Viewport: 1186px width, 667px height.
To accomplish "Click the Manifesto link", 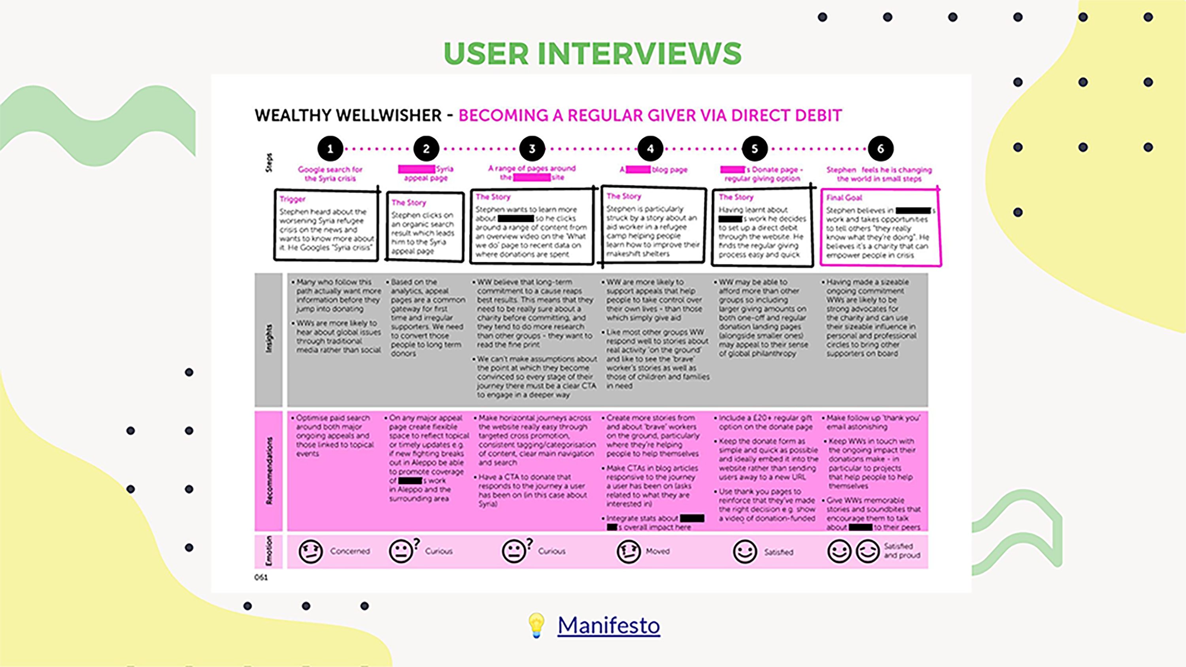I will point(609,625).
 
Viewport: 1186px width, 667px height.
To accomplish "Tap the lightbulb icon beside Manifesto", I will point(536,625).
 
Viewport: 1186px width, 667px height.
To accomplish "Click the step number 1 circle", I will point(330,149).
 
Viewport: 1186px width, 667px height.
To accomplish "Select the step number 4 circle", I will point(650,149).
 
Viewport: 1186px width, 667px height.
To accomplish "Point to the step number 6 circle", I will point(880,149).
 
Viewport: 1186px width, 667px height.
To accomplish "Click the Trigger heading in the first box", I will point(293,199).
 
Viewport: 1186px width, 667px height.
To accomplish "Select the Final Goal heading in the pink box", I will point(844,198).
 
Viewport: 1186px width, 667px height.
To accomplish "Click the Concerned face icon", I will point(310,551).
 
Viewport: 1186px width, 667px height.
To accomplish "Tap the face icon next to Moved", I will point(629,551).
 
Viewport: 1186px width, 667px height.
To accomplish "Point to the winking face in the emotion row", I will point(868,551).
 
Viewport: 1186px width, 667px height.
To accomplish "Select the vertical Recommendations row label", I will point(269,471).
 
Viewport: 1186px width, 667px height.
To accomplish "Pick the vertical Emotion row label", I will point(269,551).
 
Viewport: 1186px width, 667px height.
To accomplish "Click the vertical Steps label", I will point(269,162).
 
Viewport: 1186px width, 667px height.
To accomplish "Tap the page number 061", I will point(261,577).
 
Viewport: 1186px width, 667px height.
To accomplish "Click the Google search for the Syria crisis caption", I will point(330,174).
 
